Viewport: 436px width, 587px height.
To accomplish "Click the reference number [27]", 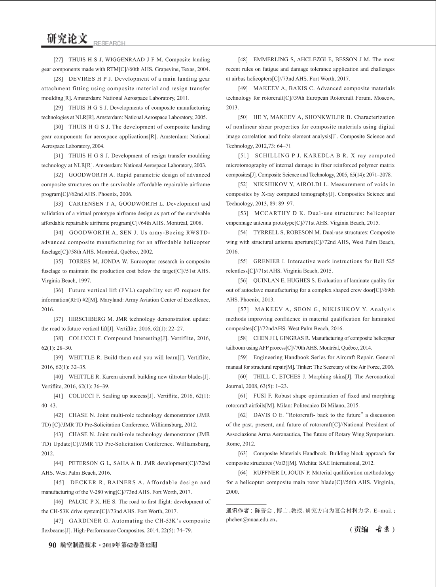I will click(x=58, y=60).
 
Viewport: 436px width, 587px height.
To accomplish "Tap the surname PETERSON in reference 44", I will click(x=82, y=463).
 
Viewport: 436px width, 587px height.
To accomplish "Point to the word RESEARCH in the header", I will click(x=109, y=43).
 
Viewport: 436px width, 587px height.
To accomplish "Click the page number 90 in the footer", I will click(x=52, y=545).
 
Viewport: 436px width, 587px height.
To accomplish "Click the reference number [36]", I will click(x=58, y=290).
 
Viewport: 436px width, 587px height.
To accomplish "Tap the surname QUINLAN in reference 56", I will click(x=267, y=280).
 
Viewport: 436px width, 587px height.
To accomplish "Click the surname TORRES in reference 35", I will click(x=80, y=261).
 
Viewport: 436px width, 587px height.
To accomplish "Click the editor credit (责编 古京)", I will click(x=372, y=529).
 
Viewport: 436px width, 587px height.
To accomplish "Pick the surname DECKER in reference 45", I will click(x=83, y=483).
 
